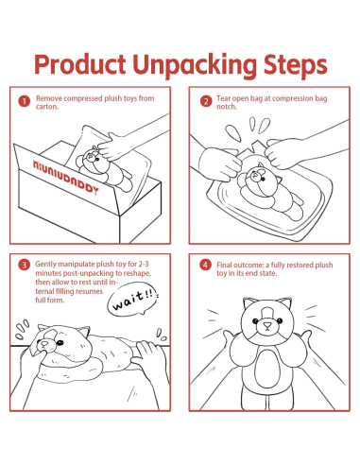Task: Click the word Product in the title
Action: (80, 64)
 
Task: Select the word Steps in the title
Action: (296, 66)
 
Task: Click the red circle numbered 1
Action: (24, 101)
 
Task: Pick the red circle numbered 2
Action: (206, 101)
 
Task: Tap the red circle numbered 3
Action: (24, 265)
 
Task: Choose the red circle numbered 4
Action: (205, 265)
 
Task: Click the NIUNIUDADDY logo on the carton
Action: (65, 177)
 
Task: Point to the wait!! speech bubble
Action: (132, 300)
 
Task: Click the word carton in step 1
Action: (47, 107)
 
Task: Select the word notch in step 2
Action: (226, 107)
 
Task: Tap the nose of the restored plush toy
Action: (267, 326)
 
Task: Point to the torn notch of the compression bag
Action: (258, 146)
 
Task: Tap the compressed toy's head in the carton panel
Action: (93, 158)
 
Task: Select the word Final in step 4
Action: (224, 265)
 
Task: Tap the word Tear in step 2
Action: (224, 98)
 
